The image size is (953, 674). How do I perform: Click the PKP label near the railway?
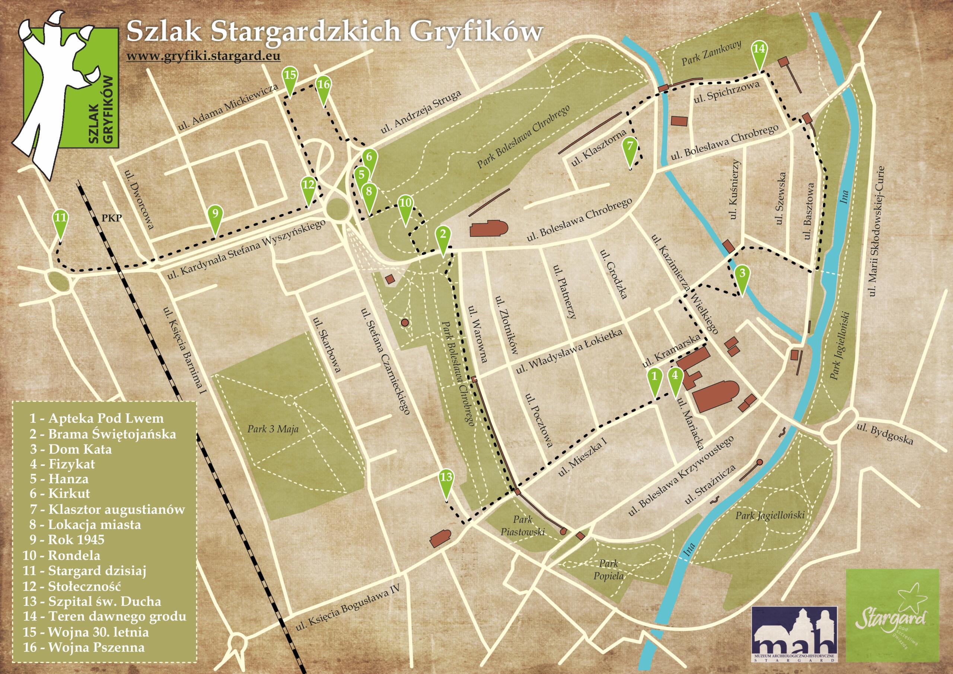point(112,217)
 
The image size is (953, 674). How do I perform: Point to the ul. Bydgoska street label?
point(886,433)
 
